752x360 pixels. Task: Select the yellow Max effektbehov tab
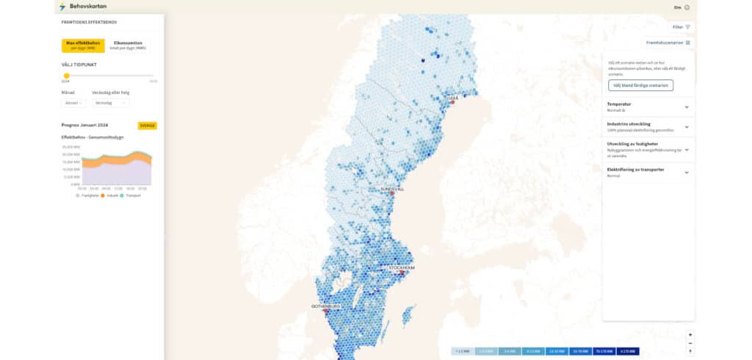tap(82, 45)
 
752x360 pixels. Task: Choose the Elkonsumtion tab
tap(128, 45)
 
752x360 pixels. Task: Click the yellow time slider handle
tap(66, 76)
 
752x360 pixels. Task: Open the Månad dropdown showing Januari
tap(73, 103)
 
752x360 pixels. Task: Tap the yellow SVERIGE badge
tap(148, 126)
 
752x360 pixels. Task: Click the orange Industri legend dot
tap(104, 195)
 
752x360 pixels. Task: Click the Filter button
tap(681, 27)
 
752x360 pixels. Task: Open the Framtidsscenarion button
tap(668, 43)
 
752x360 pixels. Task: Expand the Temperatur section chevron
tap(687, 107)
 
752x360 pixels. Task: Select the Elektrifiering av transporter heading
tap(636, 170)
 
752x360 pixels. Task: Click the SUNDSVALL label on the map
tap(391, 189)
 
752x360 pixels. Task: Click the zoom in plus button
tap(690, 335)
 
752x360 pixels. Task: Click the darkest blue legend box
tap(628, 352)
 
